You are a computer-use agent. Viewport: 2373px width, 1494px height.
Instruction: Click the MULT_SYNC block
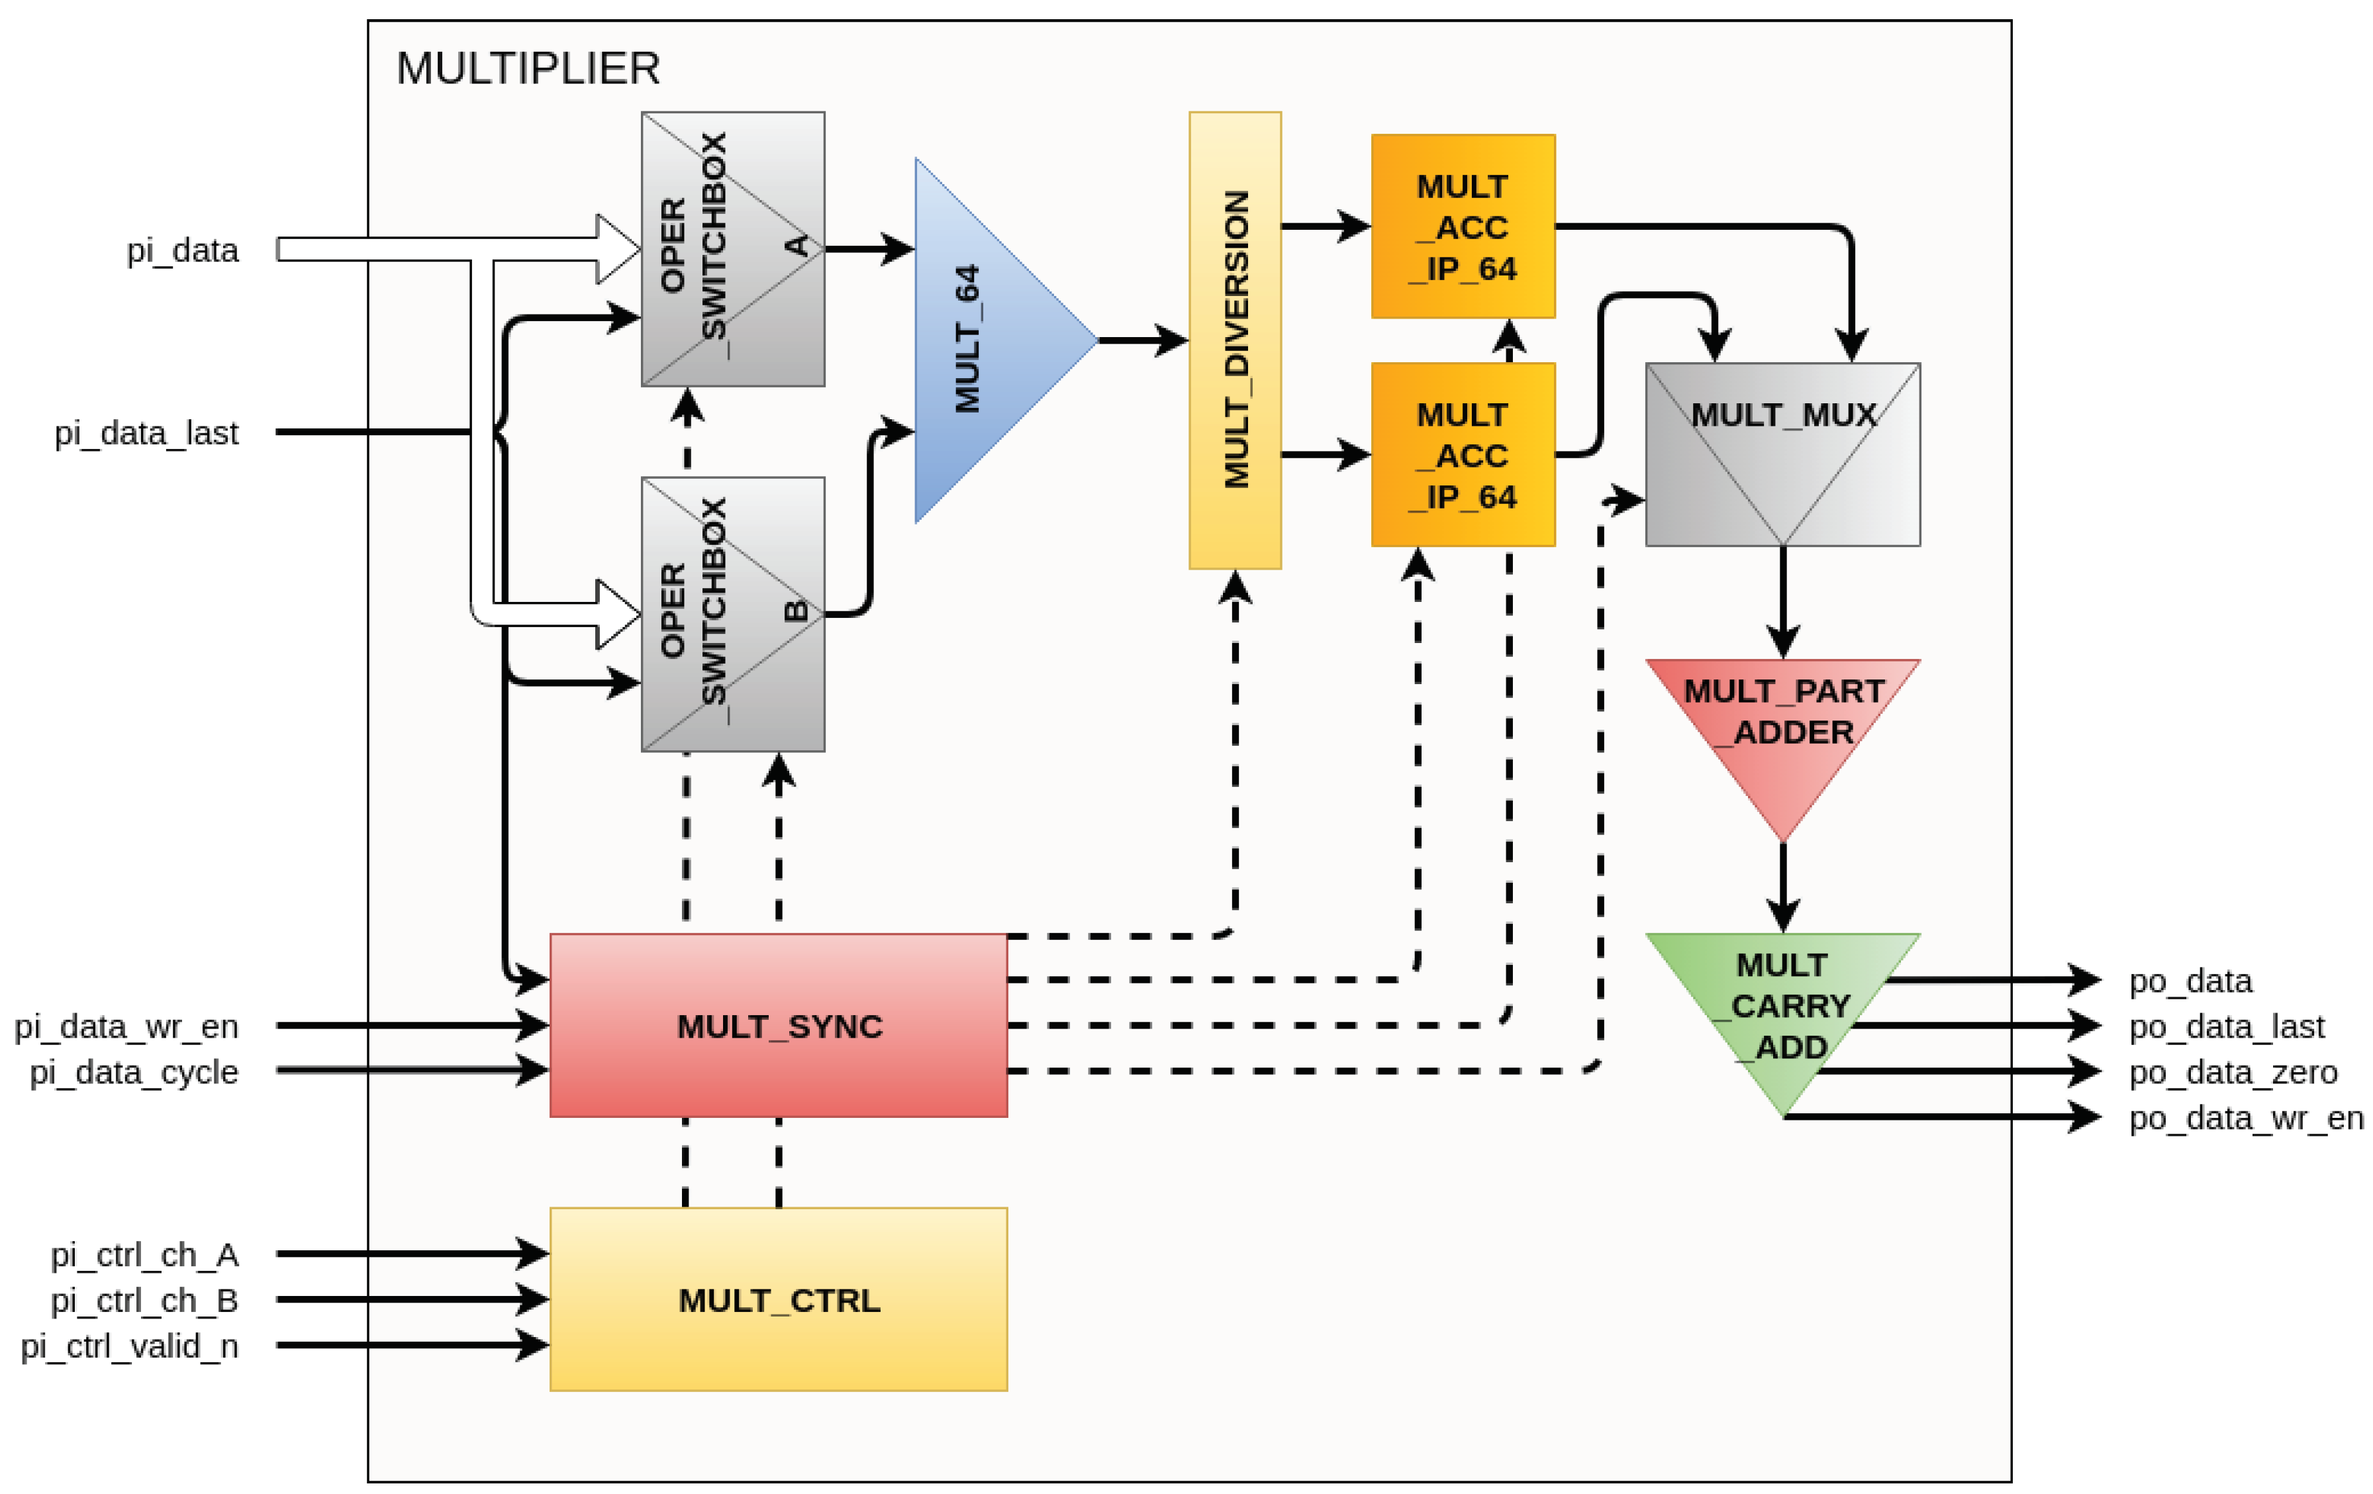[x=779, y=1025]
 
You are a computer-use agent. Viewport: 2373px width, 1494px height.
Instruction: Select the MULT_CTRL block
[x=779, y=1299]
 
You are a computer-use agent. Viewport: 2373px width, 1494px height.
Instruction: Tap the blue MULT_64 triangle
[x=995, y=340]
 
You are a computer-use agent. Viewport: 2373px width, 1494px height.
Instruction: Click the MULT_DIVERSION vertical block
[x=1235, y=340]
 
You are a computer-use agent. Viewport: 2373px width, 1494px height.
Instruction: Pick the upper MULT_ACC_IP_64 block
[x=1463, y=226]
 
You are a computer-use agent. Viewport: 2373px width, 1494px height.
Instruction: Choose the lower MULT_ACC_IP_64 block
[x=1463, y=454]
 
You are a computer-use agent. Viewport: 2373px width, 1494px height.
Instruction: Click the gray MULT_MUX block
[x=1782, y=454]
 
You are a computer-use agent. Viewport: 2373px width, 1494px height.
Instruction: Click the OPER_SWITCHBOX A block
[x=733, y=248]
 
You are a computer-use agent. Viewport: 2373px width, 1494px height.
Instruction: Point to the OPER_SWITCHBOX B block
[x=733, y=614]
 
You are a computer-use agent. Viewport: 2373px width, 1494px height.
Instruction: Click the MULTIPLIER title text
[x=528, y=69]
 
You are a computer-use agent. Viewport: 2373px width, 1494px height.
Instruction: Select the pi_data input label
[x=182, y=250]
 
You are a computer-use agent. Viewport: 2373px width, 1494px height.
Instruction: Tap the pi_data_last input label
[x=146, y=432]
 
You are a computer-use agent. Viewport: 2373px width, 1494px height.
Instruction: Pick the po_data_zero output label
[x=2233, y=1071]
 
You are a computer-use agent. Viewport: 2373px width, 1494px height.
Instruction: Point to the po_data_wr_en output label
[x=2246, y=1118]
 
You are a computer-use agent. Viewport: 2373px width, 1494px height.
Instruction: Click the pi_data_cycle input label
[x=133, y=1071]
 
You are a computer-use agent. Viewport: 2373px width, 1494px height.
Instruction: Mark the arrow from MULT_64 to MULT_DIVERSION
[x=1143, y=340]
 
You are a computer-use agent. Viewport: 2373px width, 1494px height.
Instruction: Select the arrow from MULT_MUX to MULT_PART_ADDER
[x=1782, y=602]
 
